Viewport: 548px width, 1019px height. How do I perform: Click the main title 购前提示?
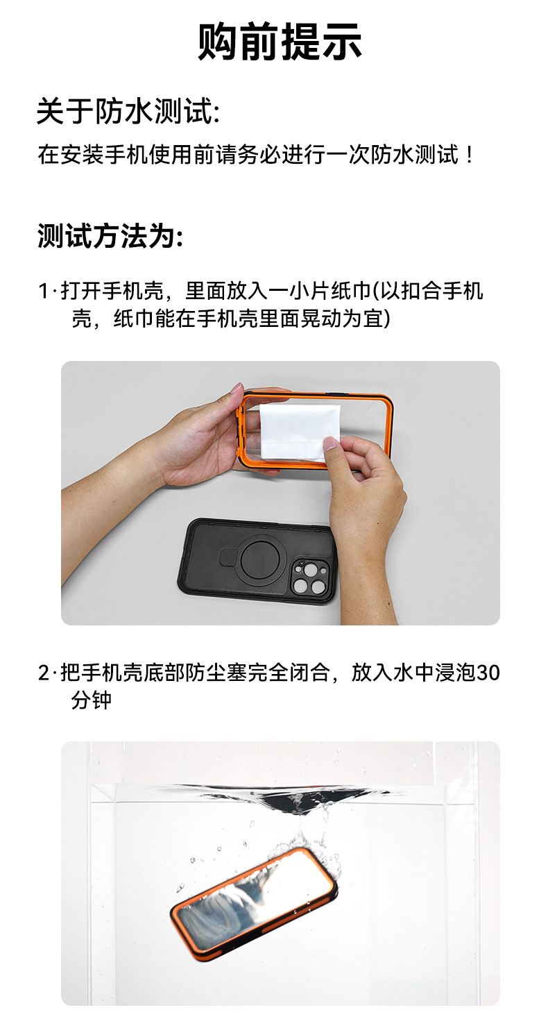coord(280,42)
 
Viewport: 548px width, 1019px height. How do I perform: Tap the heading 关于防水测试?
coord(128,111)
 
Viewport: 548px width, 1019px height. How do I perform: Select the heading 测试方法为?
coord(110,235)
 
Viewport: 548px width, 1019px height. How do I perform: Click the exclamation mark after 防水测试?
coord(470,155)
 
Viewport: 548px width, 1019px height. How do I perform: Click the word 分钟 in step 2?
coord(91,700)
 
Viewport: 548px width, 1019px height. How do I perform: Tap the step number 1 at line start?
coord(43,291)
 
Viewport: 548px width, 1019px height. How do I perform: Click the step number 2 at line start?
coord(44,673)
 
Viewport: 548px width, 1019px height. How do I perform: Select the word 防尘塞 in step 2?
coord(216,673)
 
